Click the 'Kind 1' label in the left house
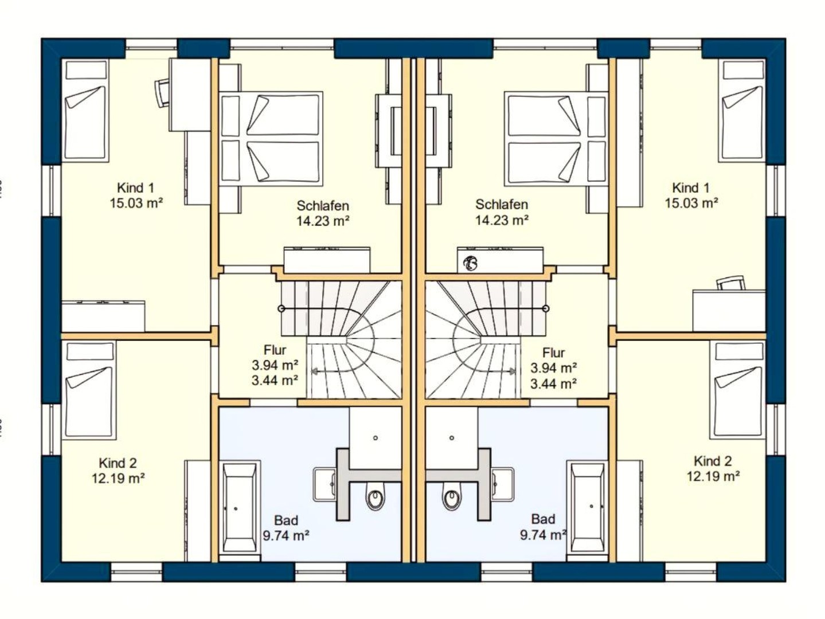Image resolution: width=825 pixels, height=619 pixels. click(135, 187)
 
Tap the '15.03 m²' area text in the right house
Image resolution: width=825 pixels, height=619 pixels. click(691, 203)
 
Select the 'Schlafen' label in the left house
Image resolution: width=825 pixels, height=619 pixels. click(322, 205)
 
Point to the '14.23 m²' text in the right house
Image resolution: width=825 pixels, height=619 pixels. click(502, 220)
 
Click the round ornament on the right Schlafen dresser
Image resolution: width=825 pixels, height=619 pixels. click(471, 263)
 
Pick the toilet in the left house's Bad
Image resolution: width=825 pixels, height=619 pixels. click(376, 499)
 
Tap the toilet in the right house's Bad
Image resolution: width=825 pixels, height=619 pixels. click(451, 499)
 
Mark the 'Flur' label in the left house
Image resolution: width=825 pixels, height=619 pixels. click(275, 350)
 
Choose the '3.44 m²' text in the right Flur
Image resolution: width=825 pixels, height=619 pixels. click(553, 383)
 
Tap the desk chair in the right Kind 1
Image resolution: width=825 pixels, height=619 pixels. click(730, 283)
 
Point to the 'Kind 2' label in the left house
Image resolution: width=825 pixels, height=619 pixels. click(118, 463)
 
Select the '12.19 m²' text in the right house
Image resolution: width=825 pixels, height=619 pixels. click(713, 476)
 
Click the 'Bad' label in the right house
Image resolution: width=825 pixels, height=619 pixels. click(542, 519)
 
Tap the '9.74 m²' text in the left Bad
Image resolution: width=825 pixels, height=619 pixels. click(286, 535)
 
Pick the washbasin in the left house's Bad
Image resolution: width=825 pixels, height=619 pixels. click(324, 484)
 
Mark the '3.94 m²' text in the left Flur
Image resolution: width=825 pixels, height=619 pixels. click(275, 365)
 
